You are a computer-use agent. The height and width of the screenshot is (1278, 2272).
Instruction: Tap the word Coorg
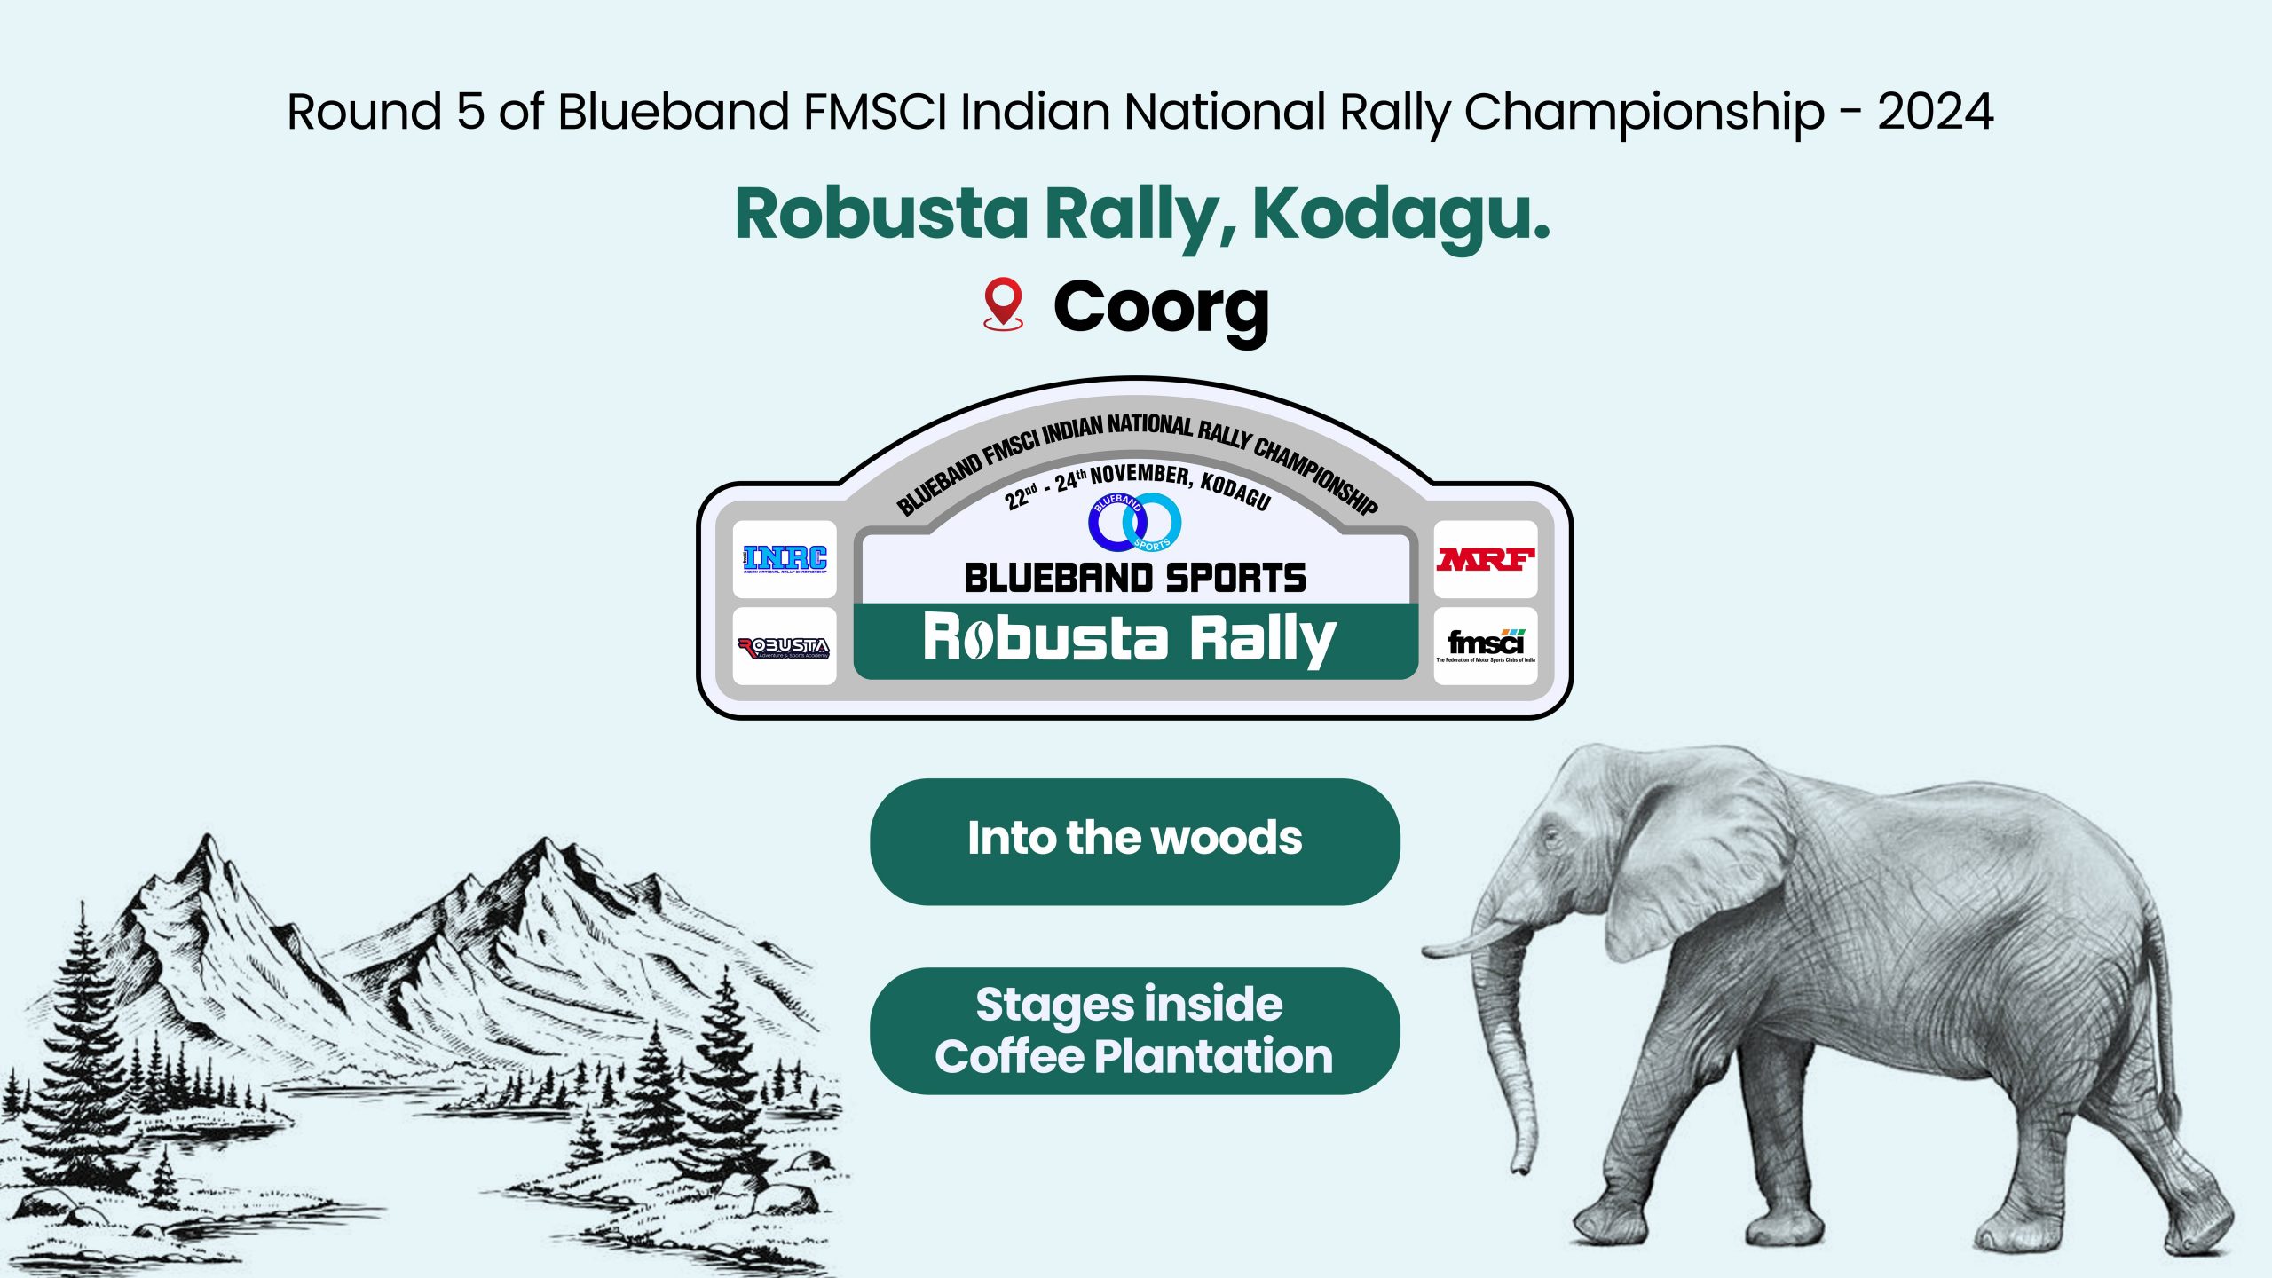tap(1161, 307)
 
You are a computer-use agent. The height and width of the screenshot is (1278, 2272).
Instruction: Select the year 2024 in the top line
tap(1935, 112)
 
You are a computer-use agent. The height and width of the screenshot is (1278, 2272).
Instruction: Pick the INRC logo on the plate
tap(785, 559)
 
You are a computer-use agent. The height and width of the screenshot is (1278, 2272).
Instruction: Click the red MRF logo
tap(1486, 559)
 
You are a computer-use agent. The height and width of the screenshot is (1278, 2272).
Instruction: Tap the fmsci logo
tap(1486, 645)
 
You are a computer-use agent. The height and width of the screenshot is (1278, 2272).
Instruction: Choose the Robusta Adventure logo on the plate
tap(785, 647)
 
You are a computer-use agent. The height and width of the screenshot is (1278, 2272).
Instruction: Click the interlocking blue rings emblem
tap(1135, 522)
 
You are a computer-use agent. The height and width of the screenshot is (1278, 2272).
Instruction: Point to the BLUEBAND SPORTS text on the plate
tap(1135, 579)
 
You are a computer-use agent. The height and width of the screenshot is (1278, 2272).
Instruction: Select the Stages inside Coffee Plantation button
tap(1134, 1030)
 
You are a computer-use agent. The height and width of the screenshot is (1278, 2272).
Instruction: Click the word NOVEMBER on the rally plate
tap(1140, 475)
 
